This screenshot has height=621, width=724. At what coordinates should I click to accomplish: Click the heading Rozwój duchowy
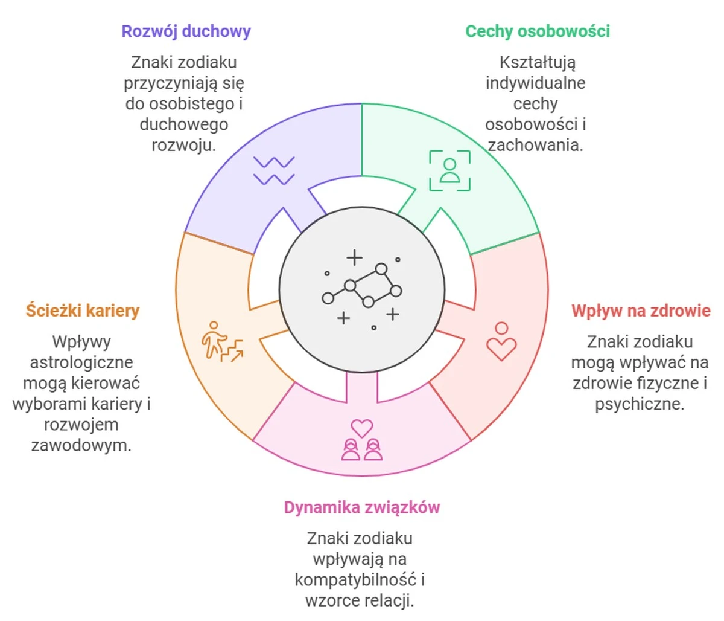coord(186,31)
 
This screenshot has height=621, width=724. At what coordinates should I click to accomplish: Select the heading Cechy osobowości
coord(537,31)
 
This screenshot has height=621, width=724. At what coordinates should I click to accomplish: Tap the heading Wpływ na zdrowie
coord(640,311)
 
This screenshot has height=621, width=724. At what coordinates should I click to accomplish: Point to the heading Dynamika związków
coord(361,507)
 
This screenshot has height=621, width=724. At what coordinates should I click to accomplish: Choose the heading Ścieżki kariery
coord(83,311)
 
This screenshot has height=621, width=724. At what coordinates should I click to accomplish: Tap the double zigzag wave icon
coord(274,170)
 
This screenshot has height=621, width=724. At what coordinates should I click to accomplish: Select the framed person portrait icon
coord(449,170)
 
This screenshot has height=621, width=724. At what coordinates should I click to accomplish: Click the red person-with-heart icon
coord(501,341)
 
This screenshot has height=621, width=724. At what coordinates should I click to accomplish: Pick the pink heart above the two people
coord(362,428)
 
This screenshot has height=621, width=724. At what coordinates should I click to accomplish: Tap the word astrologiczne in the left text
coord(81,362)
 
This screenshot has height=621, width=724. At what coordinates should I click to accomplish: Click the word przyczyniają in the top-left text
coord(167,83)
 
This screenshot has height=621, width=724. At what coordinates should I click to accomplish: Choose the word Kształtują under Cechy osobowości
coord(537,63)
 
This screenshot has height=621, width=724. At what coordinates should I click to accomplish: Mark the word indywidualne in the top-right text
coord(535,83)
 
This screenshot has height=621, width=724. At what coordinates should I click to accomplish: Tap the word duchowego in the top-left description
coord(183,125)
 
